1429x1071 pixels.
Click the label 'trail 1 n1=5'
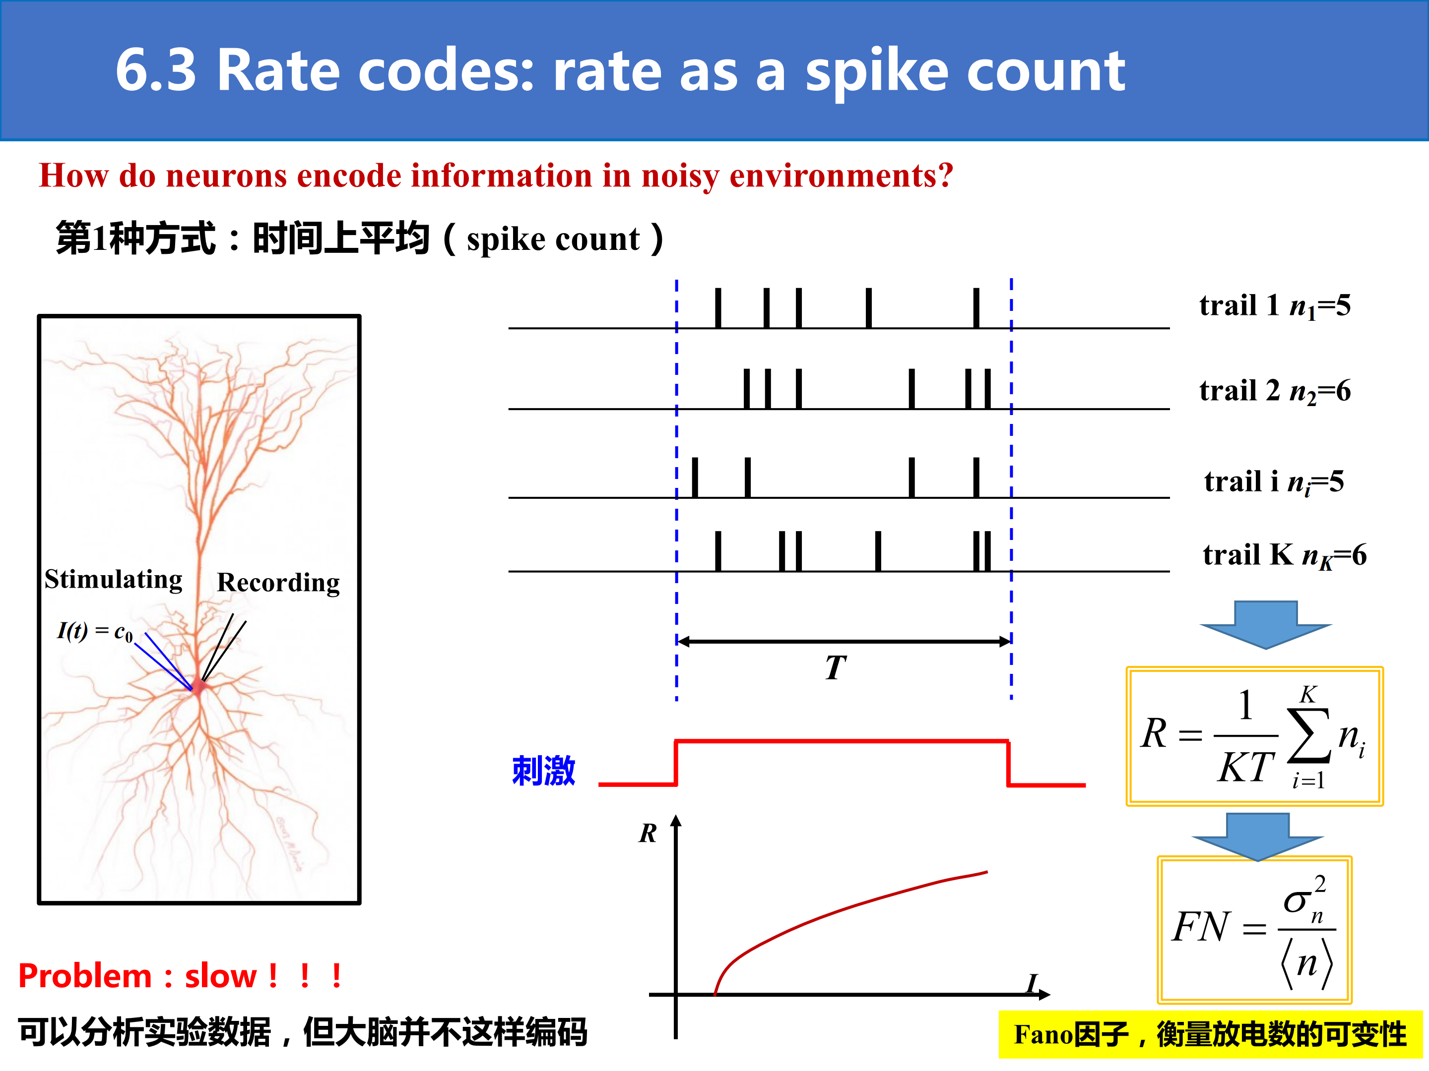(1275, 306)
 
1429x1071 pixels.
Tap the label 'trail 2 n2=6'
(1275, 391)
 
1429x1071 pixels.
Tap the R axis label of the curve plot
(648, 833)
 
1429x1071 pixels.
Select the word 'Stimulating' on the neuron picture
(113, 579)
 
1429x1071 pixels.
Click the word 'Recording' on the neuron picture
(278, 582)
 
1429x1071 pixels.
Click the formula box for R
(1254, 736)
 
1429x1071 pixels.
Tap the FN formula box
(1254, 930)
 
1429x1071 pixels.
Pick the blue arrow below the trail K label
(1266, 624)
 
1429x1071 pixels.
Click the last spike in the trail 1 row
(976, 308)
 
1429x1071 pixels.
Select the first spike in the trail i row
(695, 477)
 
